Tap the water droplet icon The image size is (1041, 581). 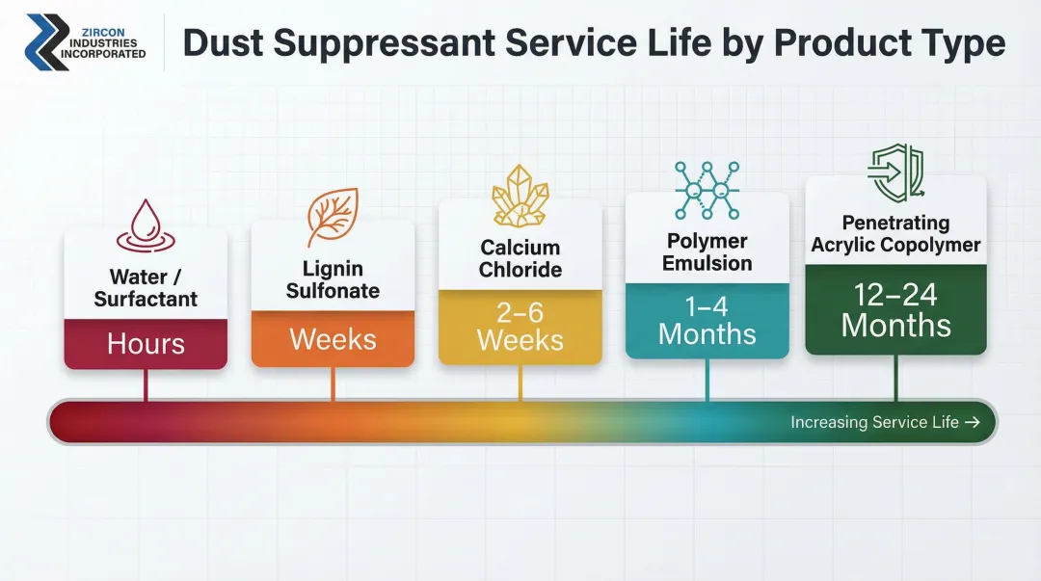coord(145,225)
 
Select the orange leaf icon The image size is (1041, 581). coord(332,217)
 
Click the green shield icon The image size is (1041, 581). coord(895,174)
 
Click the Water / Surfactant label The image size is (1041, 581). coord(146,288)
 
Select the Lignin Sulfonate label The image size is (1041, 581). coord(333,280)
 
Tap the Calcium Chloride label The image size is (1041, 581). coord(520,259)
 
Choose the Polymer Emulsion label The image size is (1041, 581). coord(707,251)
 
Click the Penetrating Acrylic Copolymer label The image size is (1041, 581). coord(895,234)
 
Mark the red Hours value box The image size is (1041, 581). coord(146,344)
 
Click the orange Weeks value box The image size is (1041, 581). coord(333,339)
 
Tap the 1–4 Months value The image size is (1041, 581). coord(707,321)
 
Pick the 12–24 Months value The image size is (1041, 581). coord(895,309)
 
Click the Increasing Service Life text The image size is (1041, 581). coord(874,422)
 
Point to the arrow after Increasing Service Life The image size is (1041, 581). coord(972,422)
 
